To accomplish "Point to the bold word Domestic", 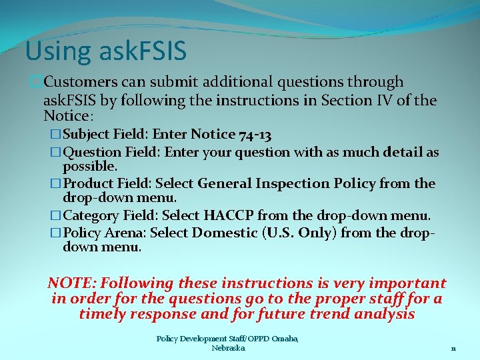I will pyautogui.click(x=224, y=233).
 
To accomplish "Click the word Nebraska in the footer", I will pyautogui.click(x=228, y=348).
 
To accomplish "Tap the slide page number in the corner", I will pyautogui.click(x=453, y=348).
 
